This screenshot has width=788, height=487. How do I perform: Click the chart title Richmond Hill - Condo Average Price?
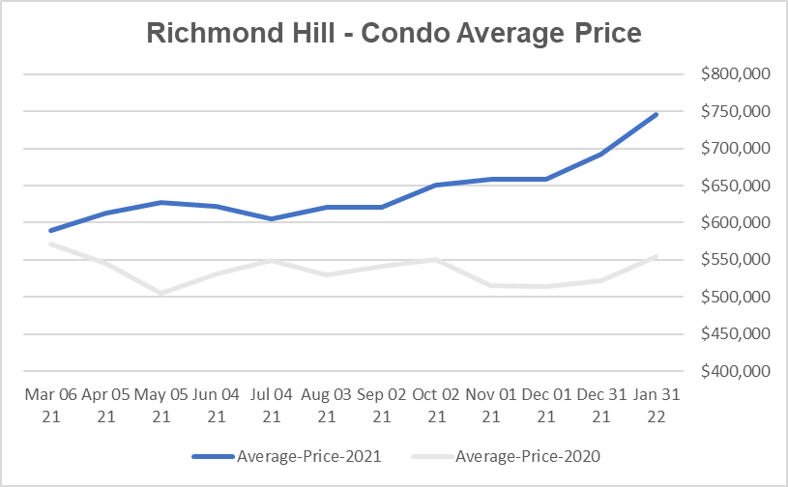tap(394, 33)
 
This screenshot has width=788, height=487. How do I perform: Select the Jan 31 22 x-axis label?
tap(657, 405)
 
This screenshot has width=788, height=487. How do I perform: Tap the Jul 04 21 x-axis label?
tap(271, 405)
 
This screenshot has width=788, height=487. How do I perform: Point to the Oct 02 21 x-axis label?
tap(436, 405)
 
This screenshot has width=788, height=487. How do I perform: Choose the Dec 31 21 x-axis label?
tap(601, 405)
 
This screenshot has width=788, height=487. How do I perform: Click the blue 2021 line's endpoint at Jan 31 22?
tap(657, 114)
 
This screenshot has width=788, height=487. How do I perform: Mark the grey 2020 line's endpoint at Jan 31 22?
tap(657, 256)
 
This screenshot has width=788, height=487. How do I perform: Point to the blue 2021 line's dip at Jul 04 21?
tap(271, 219)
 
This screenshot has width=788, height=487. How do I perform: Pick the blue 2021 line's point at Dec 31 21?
tap(601, 154)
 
